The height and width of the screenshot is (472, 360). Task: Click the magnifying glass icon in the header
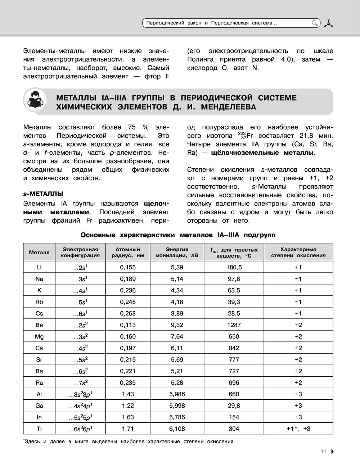click(315, 23)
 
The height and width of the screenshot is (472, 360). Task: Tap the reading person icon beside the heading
click(35, 102)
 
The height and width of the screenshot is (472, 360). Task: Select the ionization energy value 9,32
click(177, 325)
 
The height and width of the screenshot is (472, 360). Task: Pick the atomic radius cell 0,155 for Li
click(128, 267)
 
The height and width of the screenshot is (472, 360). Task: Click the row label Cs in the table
click(39, 313)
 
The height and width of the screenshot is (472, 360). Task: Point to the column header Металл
click(39, 253)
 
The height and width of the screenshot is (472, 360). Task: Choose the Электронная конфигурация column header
click(80, 253)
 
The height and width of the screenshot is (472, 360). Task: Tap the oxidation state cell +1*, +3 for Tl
click(298, 428)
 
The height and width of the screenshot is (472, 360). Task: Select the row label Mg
click(39, 336)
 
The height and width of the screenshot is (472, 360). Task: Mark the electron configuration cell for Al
click(80, 394)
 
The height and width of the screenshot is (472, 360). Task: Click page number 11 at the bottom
click(323, 451)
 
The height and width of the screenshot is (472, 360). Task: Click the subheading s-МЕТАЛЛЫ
click(43, 194)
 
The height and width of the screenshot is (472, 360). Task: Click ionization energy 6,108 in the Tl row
click(177, 428)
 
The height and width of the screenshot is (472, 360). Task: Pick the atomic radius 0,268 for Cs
click(128, 313)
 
